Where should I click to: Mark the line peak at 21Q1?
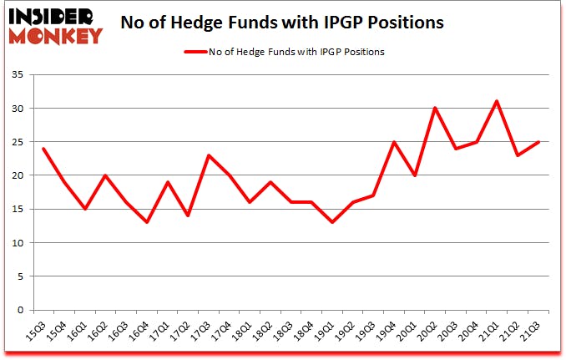[x=496, y=101]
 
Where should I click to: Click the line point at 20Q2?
[x=434, y=108]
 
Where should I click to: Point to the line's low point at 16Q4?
[x=147, y=222]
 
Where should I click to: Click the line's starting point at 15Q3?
[x=43, y=149]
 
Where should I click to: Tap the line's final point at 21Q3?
[x=539, y=142]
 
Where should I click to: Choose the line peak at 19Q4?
[x=392, y=142]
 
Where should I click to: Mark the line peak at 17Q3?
[x=209, y=155]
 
